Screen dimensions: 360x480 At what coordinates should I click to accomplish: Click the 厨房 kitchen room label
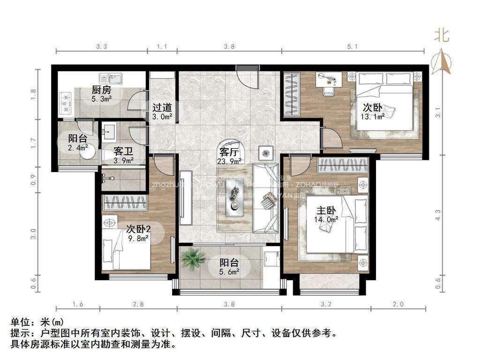coord(101,90)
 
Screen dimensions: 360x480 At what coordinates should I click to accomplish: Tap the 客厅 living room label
coord(229,152)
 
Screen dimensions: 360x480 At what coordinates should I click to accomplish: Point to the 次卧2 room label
coord(138,229)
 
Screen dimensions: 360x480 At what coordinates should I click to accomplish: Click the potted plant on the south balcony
coord(193,258)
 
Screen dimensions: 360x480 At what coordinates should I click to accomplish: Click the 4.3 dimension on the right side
coord(437,215)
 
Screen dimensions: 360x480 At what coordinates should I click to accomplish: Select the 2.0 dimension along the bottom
coord(398,305)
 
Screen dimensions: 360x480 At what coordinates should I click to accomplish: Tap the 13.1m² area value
coord(373,117)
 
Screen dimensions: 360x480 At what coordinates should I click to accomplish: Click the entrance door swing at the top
coord(247,76)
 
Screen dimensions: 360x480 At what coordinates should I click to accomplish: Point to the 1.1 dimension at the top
coord(162,46)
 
